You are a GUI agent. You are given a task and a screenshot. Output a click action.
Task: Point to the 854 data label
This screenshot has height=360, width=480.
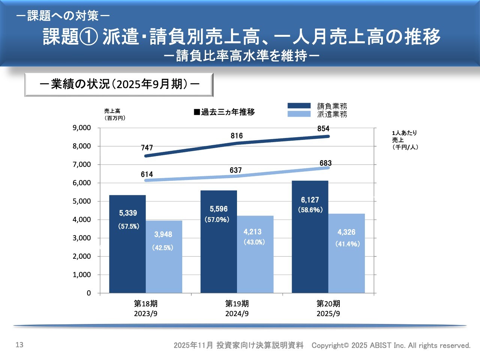point(323,129)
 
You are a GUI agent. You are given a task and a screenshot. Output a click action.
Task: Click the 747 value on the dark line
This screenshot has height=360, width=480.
point(147,148)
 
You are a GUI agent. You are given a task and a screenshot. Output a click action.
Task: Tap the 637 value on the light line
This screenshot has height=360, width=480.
point(235,170)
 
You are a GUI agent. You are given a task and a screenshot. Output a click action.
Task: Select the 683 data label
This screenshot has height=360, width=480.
point(325,163)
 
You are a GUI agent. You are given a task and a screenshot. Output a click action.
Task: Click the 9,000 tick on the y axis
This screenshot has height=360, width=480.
point(82,128)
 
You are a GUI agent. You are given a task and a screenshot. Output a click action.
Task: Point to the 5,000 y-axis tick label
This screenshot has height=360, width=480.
point(82,201)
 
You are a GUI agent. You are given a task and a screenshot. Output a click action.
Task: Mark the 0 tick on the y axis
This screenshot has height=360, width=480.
point(89,293)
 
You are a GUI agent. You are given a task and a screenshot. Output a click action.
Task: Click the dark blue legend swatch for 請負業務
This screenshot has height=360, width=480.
point(299,106)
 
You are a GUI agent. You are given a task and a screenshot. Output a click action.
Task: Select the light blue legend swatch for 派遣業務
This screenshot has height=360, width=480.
point(299,114)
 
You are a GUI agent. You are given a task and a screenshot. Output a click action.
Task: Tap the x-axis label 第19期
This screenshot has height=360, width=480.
point(237,303)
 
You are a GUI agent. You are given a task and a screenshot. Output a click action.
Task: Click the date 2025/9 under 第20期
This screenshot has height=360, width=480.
point(328,314)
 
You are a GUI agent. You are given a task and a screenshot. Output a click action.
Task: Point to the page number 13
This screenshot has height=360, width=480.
point(19,345)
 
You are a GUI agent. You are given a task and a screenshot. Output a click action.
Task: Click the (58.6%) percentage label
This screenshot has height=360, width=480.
point(310,210)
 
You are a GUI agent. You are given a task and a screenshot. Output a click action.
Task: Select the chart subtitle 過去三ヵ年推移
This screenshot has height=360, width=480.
point(228,112)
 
